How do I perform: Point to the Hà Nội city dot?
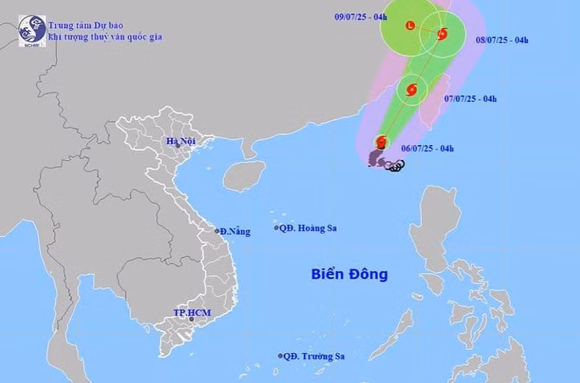(178, 146)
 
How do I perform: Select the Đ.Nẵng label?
(235, 231)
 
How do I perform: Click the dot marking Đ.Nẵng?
(217, 231)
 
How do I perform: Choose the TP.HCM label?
(192, 313)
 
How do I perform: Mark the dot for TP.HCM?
(191, 319)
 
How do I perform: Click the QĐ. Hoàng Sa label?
(310, 228)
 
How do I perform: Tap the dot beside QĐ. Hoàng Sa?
(276, 228)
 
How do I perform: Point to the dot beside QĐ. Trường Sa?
(280, 356)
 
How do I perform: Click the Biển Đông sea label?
(349, 274)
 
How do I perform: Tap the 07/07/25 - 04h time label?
(470, 99)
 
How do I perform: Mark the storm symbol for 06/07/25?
(382, 141)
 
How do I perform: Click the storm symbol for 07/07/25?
(412, 90)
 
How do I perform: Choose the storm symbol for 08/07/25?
(442, 34)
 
